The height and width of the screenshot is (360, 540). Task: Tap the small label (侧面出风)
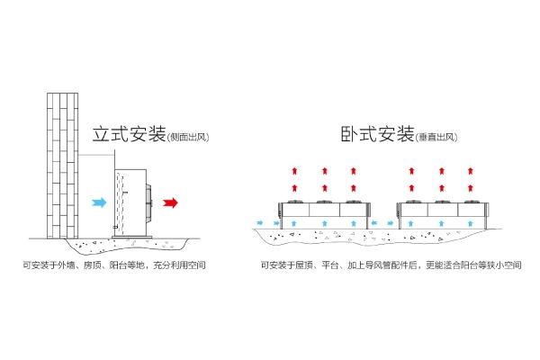[187, 138]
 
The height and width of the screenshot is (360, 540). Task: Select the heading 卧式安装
[377, 134]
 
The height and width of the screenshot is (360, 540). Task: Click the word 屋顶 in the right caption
[306, 266]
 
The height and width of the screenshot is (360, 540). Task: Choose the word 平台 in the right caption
[329, 266]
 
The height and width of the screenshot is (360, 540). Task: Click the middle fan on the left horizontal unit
[324, 201]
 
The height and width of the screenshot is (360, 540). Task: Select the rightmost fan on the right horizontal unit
[470, 201]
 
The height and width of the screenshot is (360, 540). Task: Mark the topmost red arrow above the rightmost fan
[470, 168]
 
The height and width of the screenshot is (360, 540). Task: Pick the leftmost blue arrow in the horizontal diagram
[260, 221]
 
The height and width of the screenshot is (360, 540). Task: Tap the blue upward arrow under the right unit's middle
[441, 220]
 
